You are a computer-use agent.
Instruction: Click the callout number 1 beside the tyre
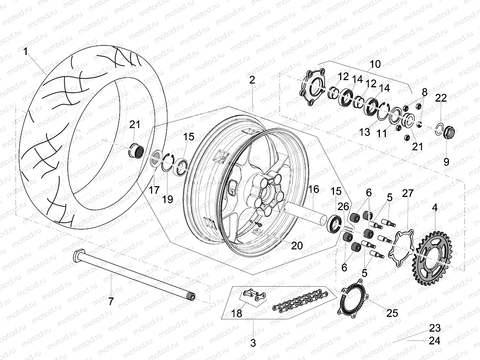coord(26,51)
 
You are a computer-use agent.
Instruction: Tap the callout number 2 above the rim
coord(252,79)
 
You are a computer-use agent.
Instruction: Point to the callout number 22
coord(441,98)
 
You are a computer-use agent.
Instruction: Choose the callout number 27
coord(408,194)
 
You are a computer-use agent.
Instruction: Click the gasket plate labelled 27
coord(399,247)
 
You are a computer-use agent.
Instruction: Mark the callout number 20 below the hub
coord(297,245)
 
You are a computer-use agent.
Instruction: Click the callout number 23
coord(435,329)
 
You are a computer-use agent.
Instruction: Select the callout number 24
coord(435,341)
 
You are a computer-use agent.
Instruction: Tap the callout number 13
coord(365,132)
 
